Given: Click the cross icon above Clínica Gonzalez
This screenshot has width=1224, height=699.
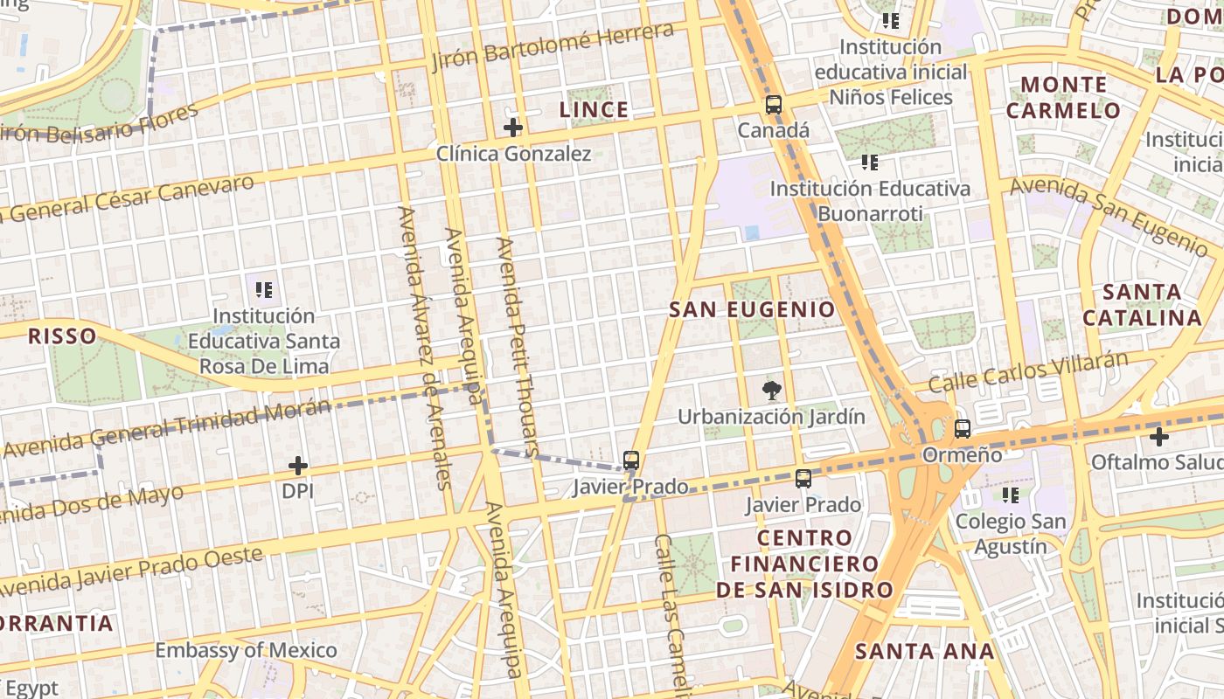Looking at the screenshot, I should point(513,128).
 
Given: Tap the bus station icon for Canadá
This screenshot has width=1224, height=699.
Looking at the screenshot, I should point(774,105).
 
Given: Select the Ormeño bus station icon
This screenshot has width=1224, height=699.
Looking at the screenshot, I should point(963,429).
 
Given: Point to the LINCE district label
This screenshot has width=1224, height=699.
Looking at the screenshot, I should point(594,109).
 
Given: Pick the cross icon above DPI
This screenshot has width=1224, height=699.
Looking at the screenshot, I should point(298,466).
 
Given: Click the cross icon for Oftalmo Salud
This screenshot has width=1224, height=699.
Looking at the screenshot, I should point(1159,436).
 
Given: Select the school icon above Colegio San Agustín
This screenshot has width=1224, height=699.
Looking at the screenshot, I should point(1011,495).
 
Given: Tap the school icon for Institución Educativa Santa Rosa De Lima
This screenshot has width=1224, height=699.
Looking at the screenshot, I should point(264,289).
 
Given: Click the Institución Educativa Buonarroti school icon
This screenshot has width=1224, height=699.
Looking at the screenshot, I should point(869,162).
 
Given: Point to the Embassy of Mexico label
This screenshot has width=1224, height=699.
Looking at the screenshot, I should point(246,650).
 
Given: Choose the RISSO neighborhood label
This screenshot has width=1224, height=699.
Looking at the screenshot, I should point(62,336).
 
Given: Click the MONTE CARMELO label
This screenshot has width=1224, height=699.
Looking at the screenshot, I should point(1063,97).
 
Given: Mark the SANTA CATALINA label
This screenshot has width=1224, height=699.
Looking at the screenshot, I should point(1143,304).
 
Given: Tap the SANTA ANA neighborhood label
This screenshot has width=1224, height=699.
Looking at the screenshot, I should point(924,651).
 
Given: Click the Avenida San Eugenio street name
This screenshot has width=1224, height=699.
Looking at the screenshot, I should point(1109,212).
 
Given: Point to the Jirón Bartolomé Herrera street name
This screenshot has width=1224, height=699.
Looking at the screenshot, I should point(553,47).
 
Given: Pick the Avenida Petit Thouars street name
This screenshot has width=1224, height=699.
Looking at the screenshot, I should point(518,347).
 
